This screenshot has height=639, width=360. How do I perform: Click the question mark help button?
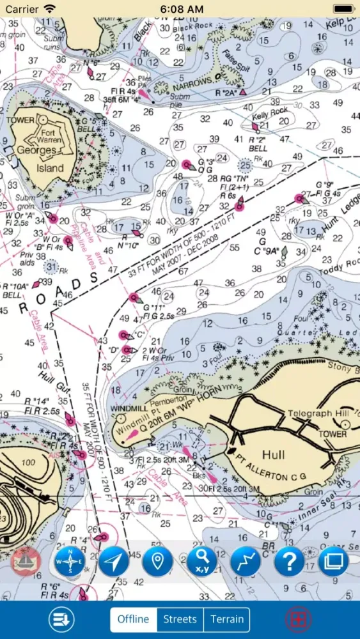click(x=289, y=562)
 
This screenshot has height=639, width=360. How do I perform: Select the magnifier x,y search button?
click(x=201, y=562)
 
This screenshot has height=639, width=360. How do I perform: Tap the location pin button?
click(x=158, y=562)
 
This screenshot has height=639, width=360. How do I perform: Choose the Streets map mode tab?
click(x=180, y=619)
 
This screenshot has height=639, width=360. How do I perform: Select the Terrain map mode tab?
click(x=227, y=619)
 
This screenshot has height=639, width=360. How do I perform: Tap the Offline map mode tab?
click(x=134, y=619)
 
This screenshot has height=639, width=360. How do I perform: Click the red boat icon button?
click(x=26, y=562)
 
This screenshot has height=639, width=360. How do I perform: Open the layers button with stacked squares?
click(x=333, y=562)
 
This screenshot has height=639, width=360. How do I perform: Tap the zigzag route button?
click(x=246, y=562)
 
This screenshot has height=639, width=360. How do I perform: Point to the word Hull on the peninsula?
click(x=273, y=455)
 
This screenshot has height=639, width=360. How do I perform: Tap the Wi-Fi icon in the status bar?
click(x=49, y=9)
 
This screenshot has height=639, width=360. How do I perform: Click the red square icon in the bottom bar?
click(x=295, y=619)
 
